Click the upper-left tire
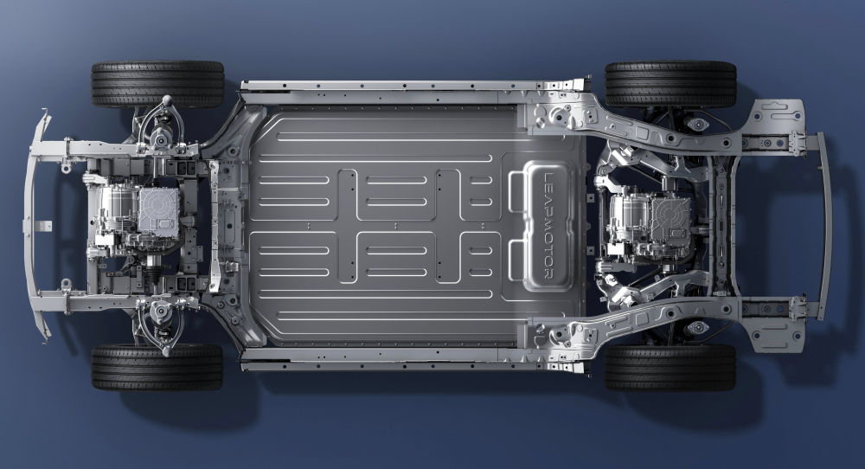pyautogui.click(x=157, y=84)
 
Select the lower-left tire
pyautogui.click(x=157, y=368)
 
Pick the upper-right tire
pyautogui.click(x=671, y=84)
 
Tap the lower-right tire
pyautogui.click(x=670, y=368)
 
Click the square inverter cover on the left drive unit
pyautogui.click(x=159, y=210)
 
